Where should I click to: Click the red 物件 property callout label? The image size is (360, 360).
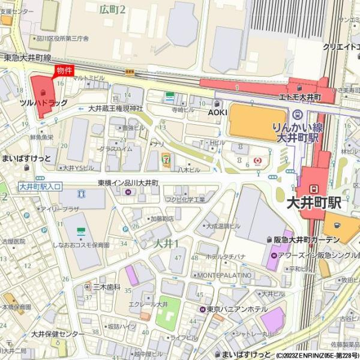tap(64, 70)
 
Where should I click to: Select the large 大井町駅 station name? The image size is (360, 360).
tap(314, 202)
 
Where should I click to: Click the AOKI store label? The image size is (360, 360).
tap(217, 112)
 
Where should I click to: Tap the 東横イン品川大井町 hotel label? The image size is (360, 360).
tap(128, 182)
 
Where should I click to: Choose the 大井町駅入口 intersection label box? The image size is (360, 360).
tap(40, 187)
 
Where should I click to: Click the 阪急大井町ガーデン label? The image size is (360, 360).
tap(307, 240)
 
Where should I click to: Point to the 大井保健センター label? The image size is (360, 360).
tap(58, 334)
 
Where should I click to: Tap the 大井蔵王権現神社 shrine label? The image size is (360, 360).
tap(116, 109)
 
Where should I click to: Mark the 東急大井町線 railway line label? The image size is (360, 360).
tap(27, 58)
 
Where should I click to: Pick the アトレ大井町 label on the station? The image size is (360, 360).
tap(300, 97)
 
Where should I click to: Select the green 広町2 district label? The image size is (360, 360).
tap(112, 9)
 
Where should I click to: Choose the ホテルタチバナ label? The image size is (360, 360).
tap(226, 257)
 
